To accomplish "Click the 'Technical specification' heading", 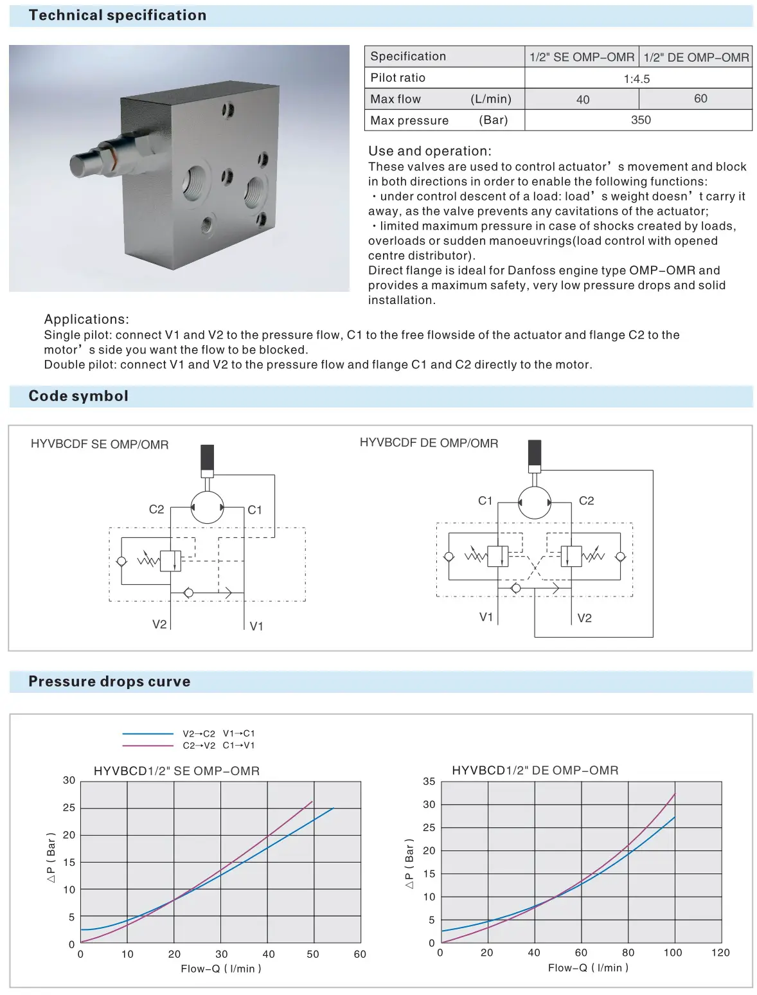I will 118,15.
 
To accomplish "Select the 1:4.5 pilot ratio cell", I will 637,79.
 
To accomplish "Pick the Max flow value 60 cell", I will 700,99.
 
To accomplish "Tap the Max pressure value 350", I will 641,120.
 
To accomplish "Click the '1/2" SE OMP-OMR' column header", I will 582,57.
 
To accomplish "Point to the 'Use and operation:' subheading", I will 429,151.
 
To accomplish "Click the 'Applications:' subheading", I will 86,319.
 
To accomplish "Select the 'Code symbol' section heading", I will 78,396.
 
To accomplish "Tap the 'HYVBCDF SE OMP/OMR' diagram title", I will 100,445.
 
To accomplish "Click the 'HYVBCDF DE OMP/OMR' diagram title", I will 429,444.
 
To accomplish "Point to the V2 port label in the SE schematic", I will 159,624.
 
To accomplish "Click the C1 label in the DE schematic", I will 485,501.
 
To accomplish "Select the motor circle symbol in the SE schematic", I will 207,508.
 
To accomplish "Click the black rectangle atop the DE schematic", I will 534,453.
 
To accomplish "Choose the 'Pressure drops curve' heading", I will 109,681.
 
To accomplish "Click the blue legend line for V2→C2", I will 148,733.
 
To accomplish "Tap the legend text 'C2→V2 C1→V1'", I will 218,746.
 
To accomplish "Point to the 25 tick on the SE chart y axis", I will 69,808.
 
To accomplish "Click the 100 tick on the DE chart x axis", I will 673,953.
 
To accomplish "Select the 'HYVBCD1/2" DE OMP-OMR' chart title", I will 535,771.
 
